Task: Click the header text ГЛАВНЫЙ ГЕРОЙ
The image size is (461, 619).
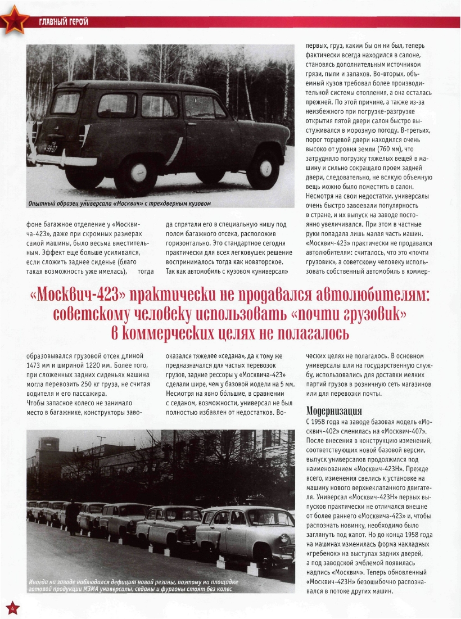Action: (x=63, y=22)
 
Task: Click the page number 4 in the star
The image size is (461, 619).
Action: (x=12, y=608)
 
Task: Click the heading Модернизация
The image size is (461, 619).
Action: (x=333, y=410)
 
